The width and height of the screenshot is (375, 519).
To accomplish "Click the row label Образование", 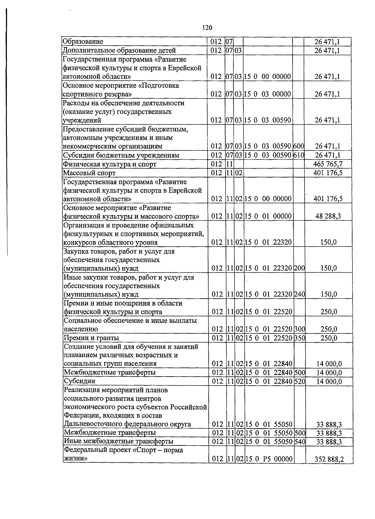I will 83,42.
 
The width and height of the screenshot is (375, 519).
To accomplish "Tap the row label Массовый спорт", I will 89,173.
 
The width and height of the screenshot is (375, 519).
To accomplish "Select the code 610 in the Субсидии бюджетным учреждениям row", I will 299,155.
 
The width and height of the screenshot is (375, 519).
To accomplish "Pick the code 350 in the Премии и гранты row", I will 299,338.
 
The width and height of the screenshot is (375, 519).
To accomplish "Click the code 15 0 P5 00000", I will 268,459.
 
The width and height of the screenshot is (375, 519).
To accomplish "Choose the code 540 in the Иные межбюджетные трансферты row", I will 299,442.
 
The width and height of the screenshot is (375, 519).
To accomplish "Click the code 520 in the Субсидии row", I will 299,381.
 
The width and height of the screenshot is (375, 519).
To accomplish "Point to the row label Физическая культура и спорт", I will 110,164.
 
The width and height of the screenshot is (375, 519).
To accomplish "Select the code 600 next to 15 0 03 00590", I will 299,146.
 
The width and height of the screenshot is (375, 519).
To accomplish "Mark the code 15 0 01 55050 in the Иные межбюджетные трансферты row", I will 268,442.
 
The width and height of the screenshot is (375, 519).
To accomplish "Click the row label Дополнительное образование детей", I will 119,50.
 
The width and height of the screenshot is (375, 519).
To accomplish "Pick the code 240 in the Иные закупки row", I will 299,294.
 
